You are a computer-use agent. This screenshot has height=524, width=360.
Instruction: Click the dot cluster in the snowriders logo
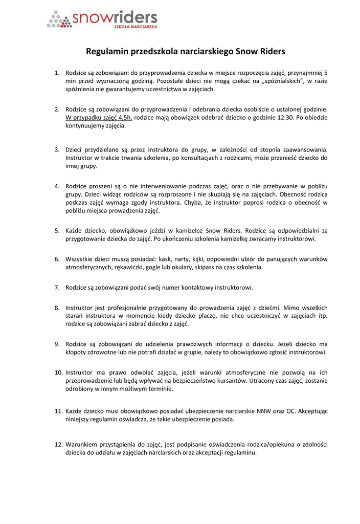coord(60,20)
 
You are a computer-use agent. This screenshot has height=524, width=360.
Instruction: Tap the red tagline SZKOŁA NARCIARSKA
coord(136,25)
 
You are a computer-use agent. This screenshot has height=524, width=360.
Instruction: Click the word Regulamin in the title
coord(107,52)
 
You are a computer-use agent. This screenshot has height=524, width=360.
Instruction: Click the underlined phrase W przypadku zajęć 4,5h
coord(99,117)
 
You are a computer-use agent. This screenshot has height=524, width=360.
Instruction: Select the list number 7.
coord(57,287)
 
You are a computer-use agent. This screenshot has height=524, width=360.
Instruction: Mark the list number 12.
coord(58,444)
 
